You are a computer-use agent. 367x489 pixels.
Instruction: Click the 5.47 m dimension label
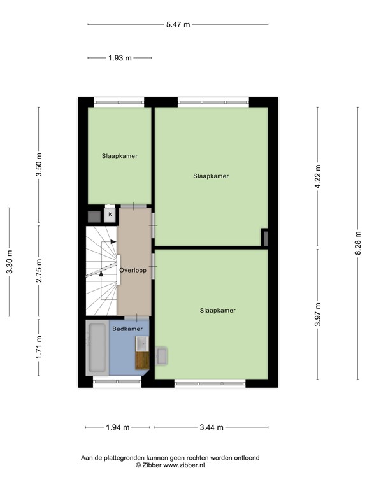pyautogui.click(x=178, y=24)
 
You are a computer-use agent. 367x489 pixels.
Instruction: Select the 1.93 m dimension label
pyautogui.click(x=119, y=58)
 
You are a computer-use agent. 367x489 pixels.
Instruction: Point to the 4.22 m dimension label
pyautogui.click(x=318, y=176)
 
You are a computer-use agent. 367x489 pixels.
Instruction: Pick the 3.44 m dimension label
pyautogui.click(x=211, y=427)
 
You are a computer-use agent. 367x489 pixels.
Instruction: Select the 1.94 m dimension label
pyautogui.click(x=119, y=427)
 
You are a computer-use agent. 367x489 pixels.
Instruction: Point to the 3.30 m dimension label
pyautogui.click(x=9, y=261)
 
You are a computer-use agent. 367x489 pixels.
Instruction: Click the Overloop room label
pyautogui.click(x=133, y=270)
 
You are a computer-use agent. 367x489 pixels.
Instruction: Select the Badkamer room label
pyautogui.click(x=127, y=329)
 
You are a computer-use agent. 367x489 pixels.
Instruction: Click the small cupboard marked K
pyautogui.click(x=110, y=215)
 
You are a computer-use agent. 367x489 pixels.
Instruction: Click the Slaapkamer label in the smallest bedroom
pyautogui.click(x=119, y=155)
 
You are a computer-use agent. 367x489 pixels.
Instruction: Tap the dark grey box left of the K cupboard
pyautogui.click(x=94, y=216)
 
